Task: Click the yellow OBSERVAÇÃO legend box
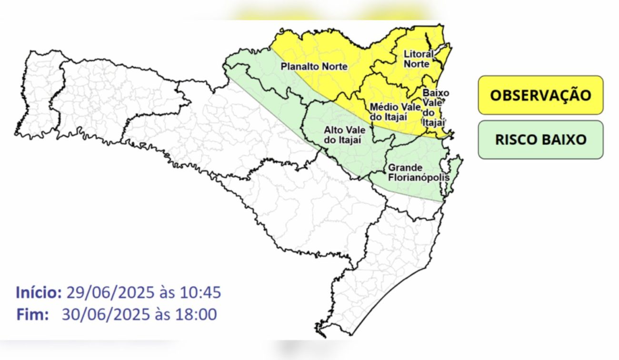point(540,95)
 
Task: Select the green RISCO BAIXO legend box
point(540,140)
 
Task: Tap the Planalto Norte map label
point(314,67)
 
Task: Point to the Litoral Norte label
point(419,59)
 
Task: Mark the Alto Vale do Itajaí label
point(342,134)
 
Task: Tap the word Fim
point(32,314)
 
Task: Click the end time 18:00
point(198,314)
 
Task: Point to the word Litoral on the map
point(418,54)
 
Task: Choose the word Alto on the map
point(333,130)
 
